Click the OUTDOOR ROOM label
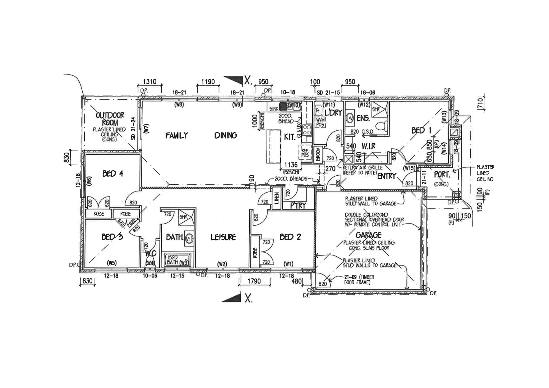coord(110,119)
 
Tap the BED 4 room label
coord(112,174)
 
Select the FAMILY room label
coord(176,135)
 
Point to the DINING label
coord(226,135)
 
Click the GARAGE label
coord(368,235)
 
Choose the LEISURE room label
coord(223,237)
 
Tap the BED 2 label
coord(290,237)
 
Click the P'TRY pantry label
coord(297,206)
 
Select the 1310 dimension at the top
coord(149,82)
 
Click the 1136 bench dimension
coord(291,165)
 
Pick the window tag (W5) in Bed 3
coord(111,263)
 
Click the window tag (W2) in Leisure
coord(222,264)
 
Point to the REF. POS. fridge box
coord(305,153)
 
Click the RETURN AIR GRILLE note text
coord(363,170)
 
